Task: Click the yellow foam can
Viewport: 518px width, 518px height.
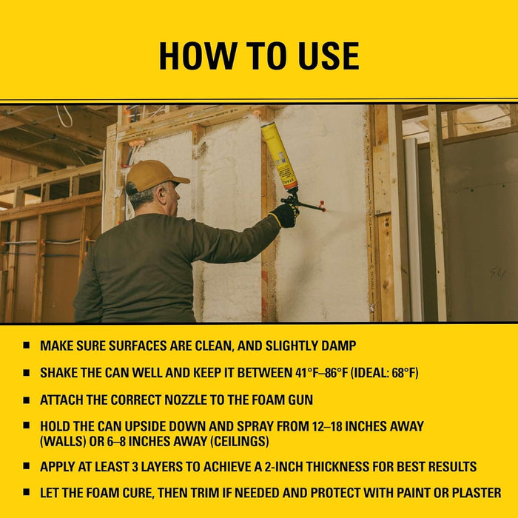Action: (279, 156)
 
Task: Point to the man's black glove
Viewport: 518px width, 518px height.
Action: (283, 215)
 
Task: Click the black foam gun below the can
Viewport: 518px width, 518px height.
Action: (295, 201)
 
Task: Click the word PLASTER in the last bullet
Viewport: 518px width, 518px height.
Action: (472, 493)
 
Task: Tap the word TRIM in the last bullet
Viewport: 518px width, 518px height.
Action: (235, 493)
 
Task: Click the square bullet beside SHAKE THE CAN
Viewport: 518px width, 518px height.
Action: (27, 373)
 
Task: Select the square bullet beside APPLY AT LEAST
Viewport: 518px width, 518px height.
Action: (27, 468)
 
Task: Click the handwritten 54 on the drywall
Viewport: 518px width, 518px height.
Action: (497, 273)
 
